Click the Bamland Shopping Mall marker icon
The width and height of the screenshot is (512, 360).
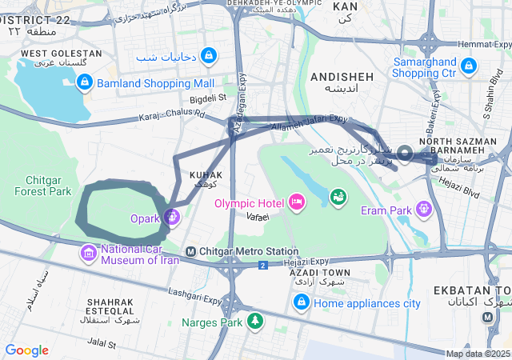[x=85, y=82]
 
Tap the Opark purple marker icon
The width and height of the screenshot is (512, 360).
[x=172, y=217]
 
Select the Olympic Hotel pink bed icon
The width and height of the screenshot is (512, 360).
[x=297, y=202]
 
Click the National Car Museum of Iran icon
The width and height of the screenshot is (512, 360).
[x=88, y=254]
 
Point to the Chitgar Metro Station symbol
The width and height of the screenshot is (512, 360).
[x=190, y=252]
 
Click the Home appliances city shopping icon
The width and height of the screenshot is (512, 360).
[x=302, y=303]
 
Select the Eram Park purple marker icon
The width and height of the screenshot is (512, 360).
[x=423, y=210]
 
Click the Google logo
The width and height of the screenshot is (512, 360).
[x=26, y=350]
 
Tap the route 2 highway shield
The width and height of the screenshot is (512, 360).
[x=262, y=265]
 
